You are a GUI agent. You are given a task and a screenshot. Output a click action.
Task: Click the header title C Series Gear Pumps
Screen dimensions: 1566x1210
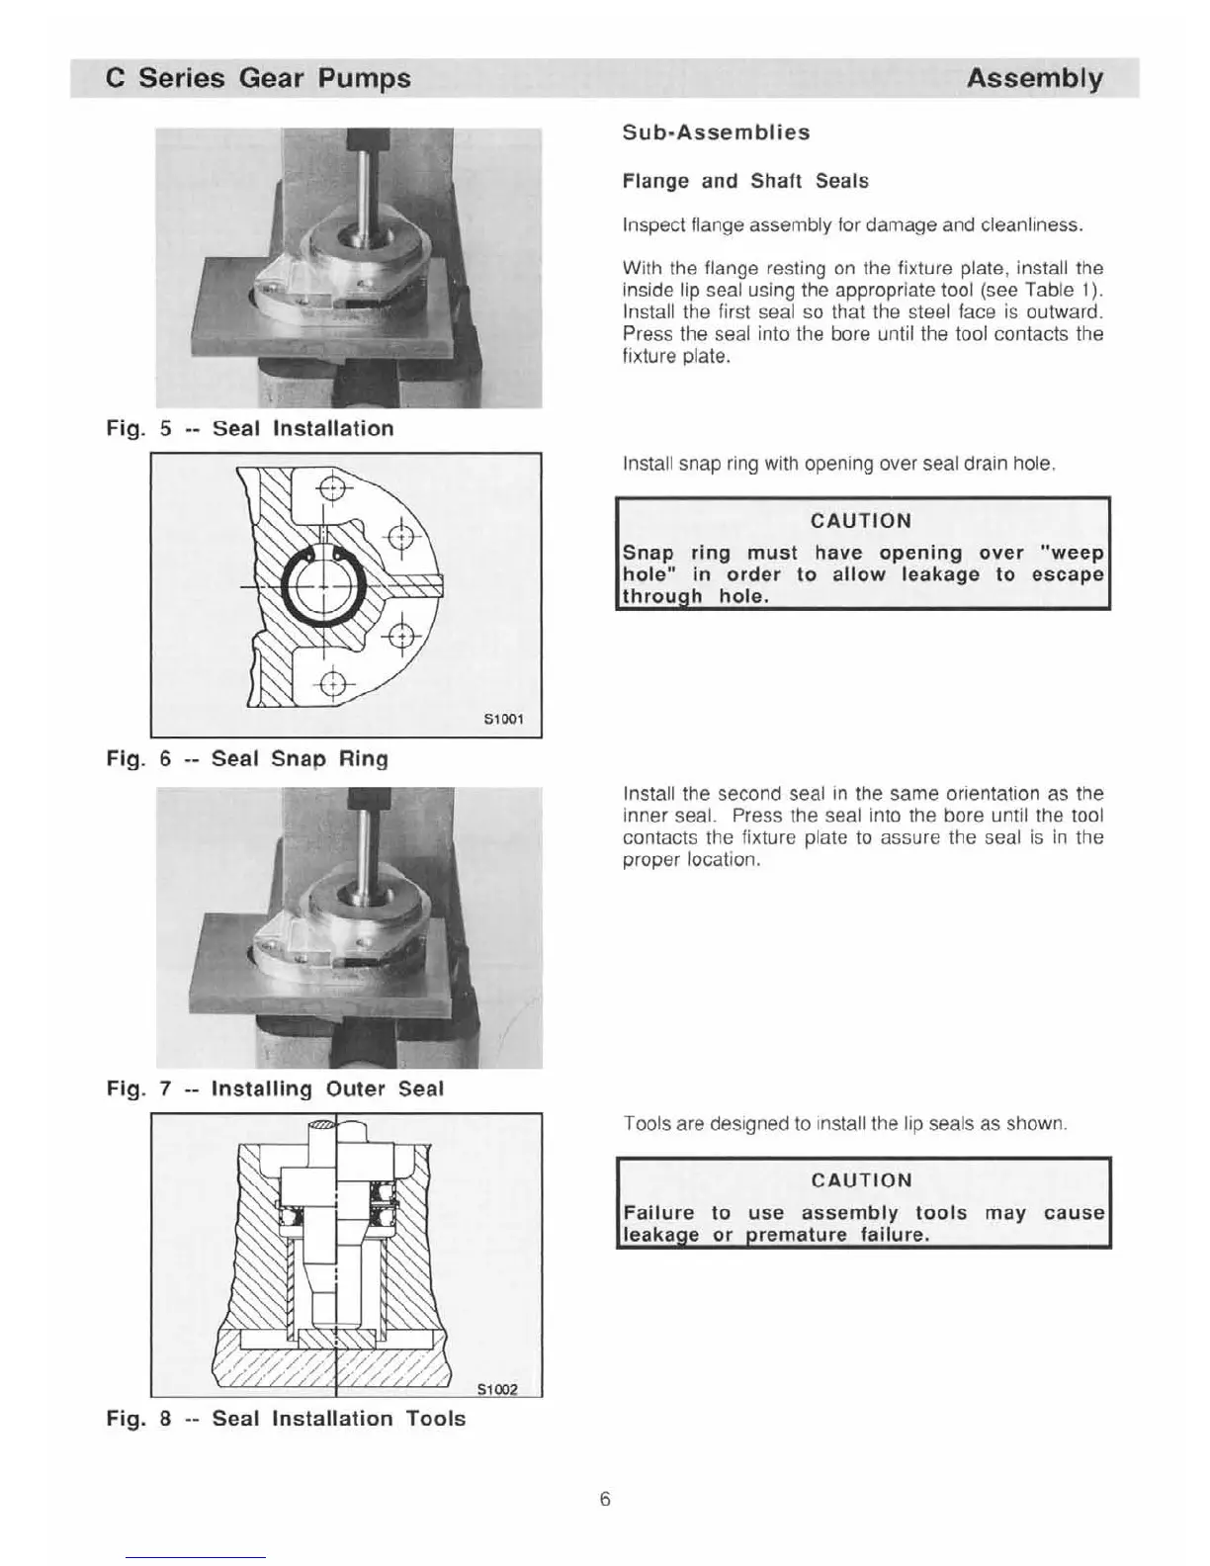[x=258, y=78]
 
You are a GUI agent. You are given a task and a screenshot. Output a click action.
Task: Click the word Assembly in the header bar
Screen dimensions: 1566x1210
[x=1034, y=78]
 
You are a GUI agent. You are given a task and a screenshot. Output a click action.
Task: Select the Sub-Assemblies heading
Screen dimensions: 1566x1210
[x=716, y=132]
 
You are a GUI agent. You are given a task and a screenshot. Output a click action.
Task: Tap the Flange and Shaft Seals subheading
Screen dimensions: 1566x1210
[x=745, y=181]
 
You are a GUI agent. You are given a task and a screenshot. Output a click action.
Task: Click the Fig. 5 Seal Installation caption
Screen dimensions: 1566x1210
[x=250, y=428]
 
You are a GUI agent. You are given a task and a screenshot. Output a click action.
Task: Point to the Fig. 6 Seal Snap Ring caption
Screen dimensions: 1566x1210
[x=247, y=758]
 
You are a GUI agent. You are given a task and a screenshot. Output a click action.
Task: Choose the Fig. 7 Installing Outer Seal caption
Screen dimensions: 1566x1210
[x=275, y=1088]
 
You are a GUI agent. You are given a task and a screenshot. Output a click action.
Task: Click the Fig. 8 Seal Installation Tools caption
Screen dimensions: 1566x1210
[x=286, y=1419]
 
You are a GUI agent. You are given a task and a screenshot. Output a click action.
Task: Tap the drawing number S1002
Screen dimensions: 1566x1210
[x=497, y=1389]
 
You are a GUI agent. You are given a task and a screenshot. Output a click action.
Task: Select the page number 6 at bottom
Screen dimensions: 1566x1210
[x=605, y=1500]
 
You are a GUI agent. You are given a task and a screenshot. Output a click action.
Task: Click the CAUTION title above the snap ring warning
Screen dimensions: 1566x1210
[x=861, y=521]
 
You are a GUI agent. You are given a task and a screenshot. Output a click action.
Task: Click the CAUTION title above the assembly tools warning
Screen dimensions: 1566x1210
[x=862, y=1180]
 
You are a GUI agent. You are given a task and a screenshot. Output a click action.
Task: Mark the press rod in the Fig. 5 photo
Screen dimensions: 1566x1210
[x=364, y=188]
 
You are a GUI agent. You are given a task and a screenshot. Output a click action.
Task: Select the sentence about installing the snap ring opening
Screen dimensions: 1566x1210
[x=839, y=463]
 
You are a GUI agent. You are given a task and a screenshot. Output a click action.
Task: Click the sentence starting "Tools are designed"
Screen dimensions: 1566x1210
[x=845, y=1124]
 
